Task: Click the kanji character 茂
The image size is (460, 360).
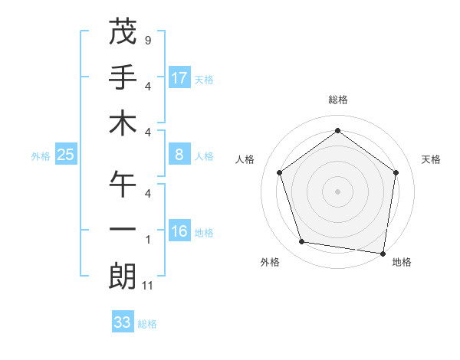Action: click(123, 31)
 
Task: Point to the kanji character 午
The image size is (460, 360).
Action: click(123, 184)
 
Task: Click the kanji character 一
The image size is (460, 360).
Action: click(123, 229)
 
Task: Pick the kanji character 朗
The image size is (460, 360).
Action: click(123, 275)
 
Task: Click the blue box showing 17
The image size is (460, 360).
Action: click(179, 78)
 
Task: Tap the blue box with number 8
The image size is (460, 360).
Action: click(179, 155)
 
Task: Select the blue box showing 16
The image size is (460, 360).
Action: click(179, 231)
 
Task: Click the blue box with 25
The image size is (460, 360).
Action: click(66, 155)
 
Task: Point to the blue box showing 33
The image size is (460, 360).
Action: click(123, 322)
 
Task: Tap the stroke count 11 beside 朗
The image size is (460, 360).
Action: click(149, 286)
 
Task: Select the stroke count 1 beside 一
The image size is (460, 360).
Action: click(147, 240)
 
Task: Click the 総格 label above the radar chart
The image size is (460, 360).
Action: click(337, 100)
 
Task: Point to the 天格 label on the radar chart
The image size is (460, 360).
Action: click(431, 159)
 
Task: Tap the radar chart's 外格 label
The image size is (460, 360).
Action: click(270, 262)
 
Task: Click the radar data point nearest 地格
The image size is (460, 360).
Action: click(383, 252)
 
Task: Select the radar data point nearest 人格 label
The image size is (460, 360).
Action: click(279, 172)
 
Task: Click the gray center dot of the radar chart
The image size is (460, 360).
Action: click(337, 191)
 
